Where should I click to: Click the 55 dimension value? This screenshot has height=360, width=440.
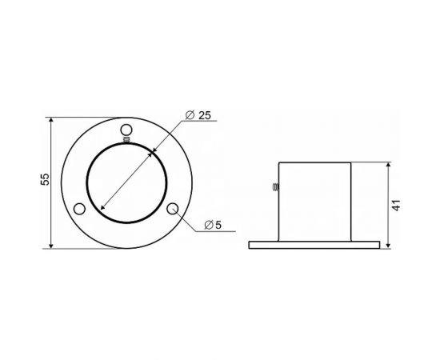[44, 181]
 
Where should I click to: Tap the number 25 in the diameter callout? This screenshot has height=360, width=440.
[203, 115]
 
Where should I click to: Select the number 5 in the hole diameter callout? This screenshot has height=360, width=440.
[218, 225]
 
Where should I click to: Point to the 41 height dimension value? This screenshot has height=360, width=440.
[397, 204]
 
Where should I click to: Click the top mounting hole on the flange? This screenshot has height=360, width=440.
[125, 131]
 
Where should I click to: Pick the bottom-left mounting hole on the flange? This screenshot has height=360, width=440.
[79, 209]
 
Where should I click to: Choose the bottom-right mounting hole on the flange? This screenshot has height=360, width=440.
[173, 209]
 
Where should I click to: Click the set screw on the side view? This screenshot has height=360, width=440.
[274, 188]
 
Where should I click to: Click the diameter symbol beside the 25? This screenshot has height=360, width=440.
[189, 116]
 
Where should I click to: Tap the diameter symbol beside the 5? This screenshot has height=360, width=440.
[207, 225]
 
